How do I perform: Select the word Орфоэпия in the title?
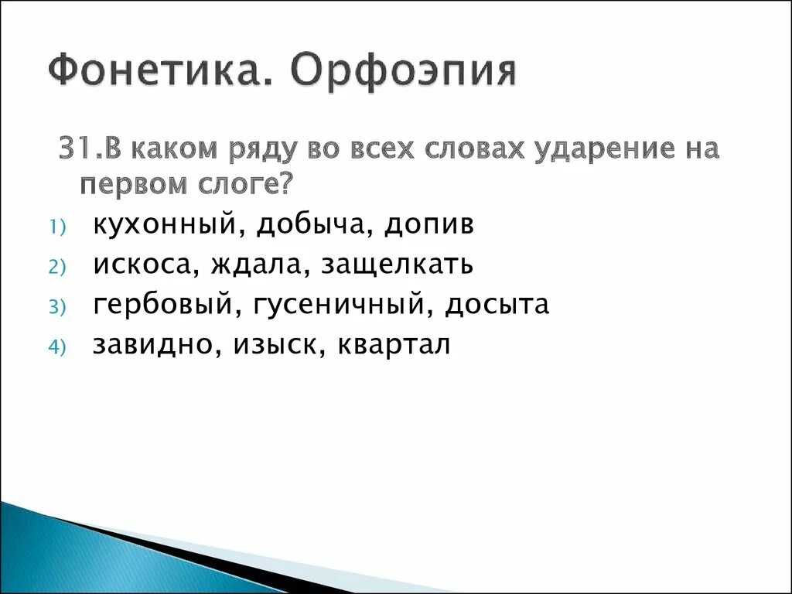(x=403, y=72)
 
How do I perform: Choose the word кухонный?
(x=163, y=225)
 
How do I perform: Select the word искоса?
(x=143, y=265)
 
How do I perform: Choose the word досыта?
(x=497, y=305)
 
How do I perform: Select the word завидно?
(x=154, y=345)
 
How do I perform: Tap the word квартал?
(x=394, y=345)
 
